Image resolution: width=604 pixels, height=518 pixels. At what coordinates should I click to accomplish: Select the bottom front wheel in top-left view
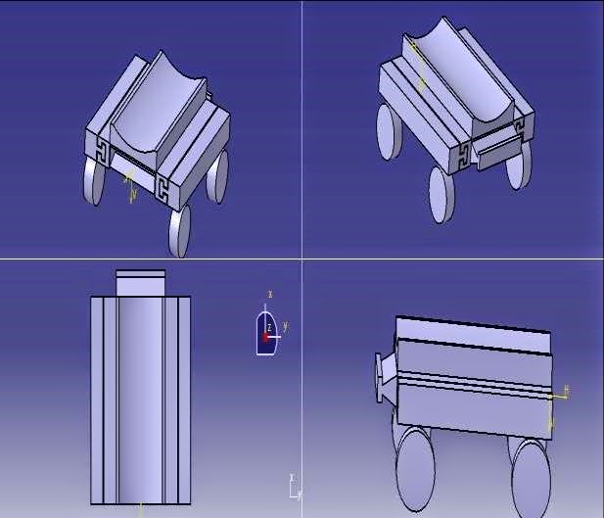click(x=180, y=230)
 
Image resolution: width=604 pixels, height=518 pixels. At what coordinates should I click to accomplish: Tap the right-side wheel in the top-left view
click(x=219, y=176)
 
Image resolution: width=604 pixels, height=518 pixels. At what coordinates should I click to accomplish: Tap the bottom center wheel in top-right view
click(x=441, y=193)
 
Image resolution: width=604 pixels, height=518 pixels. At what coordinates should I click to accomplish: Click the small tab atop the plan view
click(x=141, y=282)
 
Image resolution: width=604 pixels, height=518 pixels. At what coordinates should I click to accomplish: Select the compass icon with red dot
click(x=266, y=334)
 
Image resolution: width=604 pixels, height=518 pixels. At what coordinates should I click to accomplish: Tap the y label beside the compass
click(x=285, y=325)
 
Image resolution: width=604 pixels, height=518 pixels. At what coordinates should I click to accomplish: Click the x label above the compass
click(x=269, y=294)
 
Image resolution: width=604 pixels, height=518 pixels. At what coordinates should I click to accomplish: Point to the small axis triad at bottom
click(x=294, y=487)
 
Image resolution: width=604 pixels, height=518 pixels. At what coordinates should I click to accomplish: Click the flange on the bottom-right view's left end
click(x=382, y=376)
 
